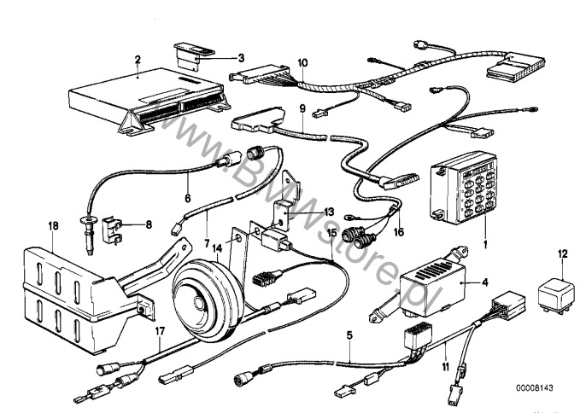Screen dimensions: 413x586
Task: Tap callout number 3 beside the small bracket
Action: pyautogui.click(x=242, y=58)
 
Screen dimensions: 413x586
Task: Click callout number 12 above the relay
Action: pyautogui.click(x=561, y=253)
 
